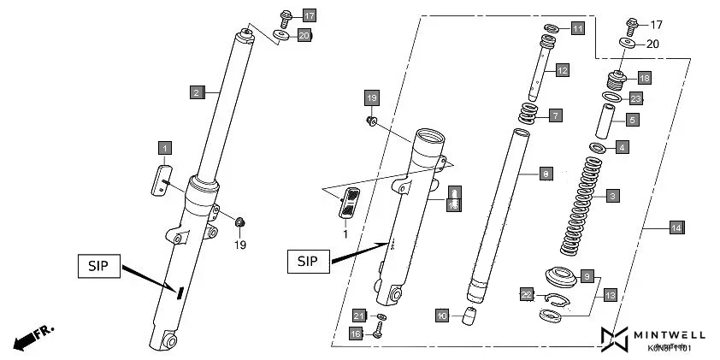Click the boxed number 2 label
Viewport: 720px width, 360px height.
tap(197, 91)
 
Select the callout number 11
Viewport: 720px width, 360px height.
tap(578, 29)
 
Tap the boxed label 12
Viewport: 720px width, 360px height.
tap(562, 71)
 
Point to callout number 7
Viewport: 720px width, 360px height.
tap(555, 115)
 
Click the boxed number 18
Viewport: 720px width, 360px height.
tap(644, 78)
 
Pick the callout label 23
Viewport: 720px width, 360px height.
tap(636, 98)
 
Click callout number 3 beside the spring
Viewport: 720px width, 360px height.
tap(613, 196)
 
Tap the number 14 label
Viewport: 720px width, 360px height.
tap(676, 227)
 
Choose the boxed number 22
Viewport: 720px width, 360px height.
tap(527, 294)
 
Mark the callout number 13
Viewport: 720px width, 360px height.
tap(610, 295)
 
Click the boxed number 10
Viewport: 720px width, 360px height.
tap(442, 316)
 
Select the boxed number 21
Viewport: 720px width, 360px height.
tap(360, 315)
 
